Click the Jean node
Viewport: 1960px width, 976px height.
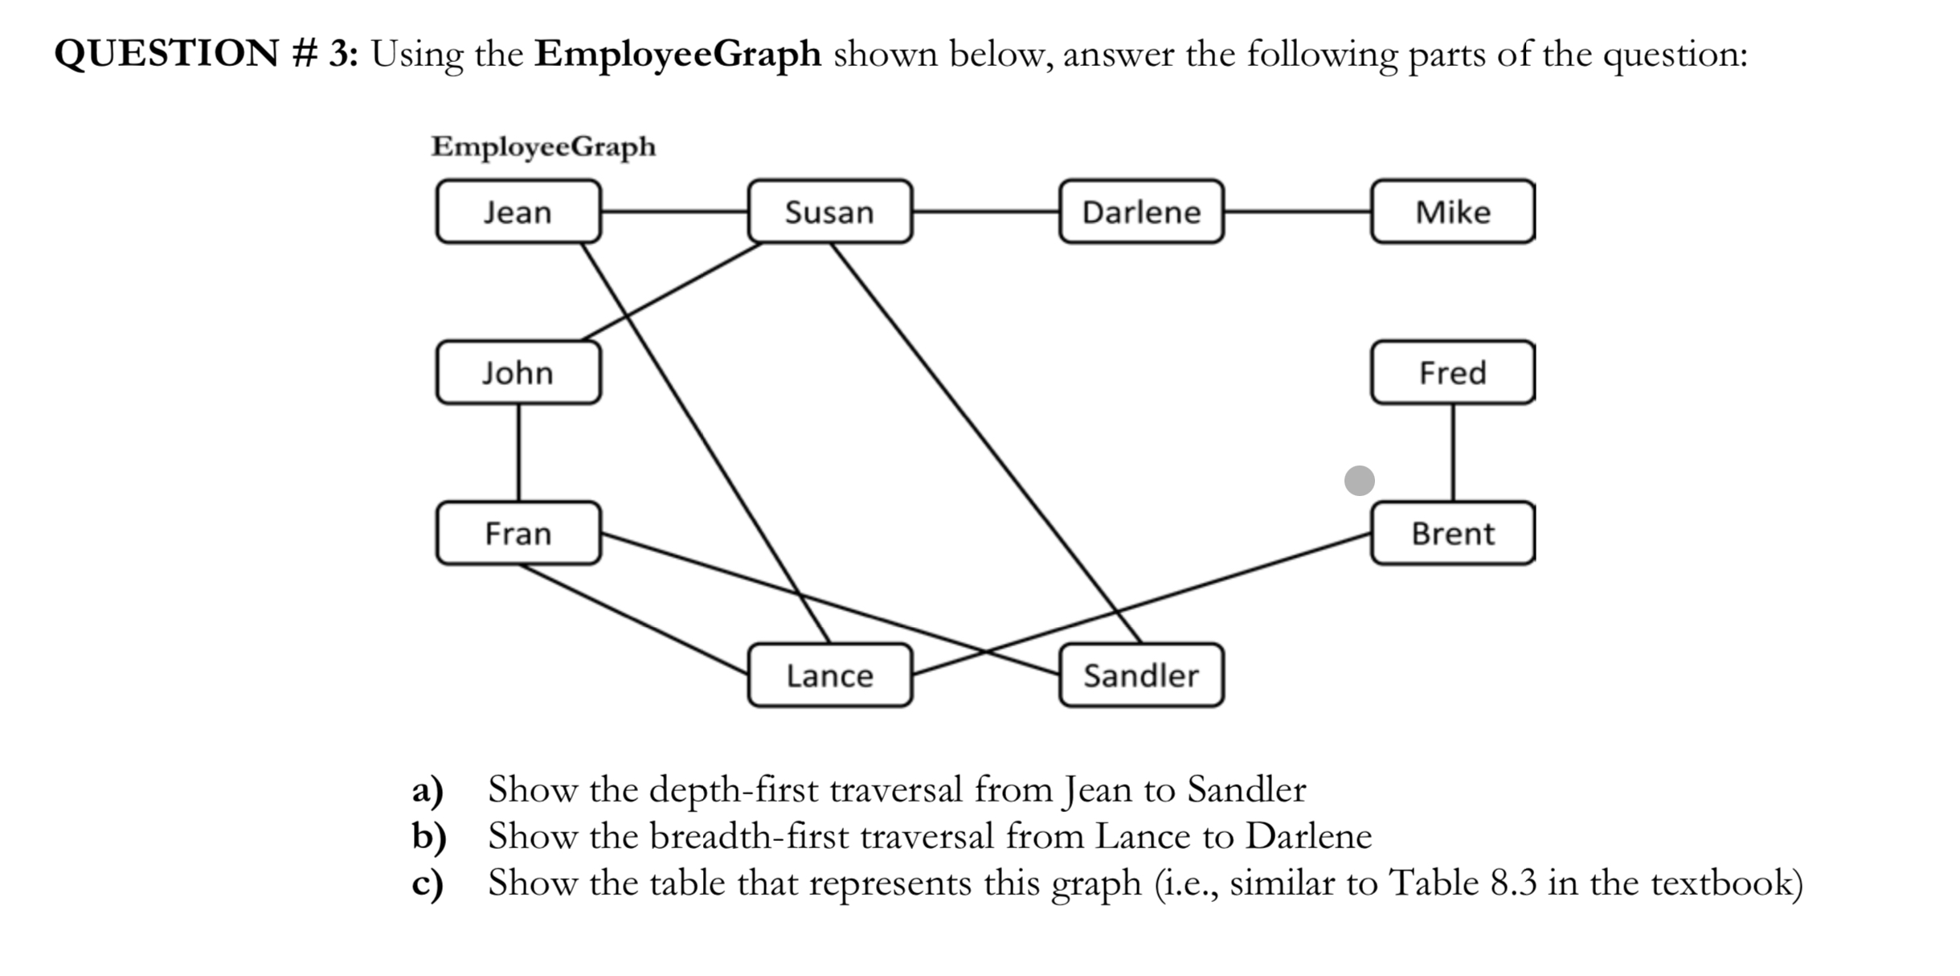518,211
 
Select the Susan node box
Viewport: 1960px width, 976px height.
829,211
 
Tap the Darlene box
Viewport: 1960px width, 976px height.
1141,211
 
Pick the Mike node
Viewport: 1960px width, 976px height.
1452,211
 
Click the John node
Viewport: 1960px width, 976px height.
518,372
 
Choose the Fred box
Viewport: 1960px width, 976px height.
1452,372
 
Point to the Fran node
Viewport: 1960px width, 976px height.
518,533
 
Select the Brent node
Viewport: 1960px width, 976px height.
1452,533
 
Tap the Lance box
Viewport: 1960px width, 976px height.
829,675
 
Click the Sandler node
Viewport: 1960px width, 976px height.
1141,675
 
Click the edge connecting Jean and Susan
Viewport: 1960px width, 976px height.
674,211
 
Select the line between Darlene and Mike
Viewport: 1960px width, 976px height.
1297,211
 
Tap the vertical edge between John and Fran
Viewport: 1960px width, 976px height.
518,453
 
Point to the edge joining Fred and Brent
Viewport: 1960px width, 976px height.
1452,453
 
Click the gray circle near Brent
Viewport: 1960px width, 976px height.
1359,481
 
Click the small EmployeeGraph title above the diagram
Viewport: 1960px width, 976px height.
543,147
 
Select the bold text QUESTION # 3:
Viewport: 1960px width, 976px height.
206,55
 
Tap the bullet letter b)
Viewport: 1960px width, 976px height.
428,836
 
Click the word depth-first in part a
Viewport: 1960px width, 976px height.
734,789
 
